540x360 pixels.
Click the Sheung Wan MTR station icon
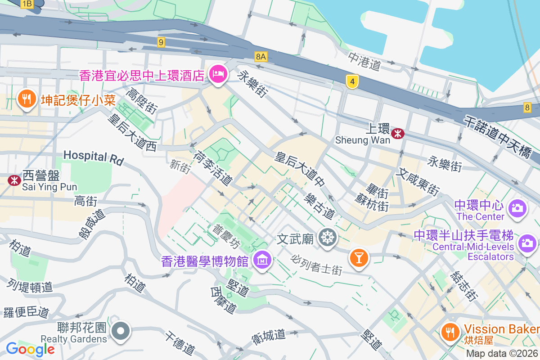coord(397,133)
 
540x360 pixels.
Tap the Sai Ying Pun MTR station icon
coord(14,180)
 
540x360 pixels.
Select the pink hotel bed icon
coord(218,74)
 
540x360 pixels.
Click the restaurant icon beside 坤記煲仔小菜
coord(27,99)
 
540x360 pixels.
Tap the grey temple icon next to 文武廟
coord(327,237)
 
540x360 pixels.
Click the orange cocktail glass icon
coord(359,258)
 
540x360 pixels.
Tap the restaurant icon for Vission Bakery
coord(449,332)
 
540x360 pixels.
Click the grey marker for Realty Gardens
coord(121,331)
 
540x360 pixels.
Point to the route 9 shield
coord(161,42)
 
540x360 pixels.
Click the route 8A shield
coord(261,56)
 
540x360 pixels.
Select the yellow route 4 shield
coord(353,81)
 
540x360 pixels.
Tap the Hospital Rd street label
coord(93,157)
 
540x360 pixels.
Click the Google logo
coord(30,349)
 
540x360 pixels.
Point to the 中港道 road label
coord(364,61)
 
